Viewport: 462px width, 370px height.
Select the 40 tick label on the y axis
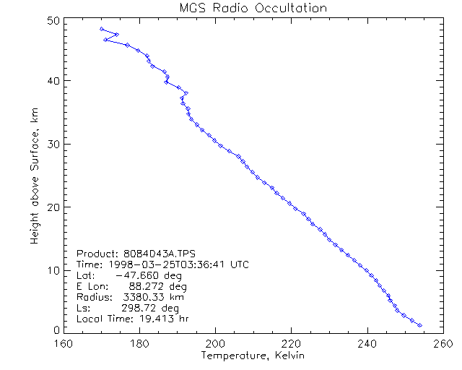click(x=52, y=80)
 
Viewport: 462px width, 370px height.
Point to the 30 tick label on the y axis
click(x=52, y=144)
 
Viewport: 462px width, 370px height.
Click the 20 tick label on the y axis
click(x=52, y=207)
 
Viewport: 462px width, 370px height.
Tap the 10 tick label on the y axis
click(x=52, y=270)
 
